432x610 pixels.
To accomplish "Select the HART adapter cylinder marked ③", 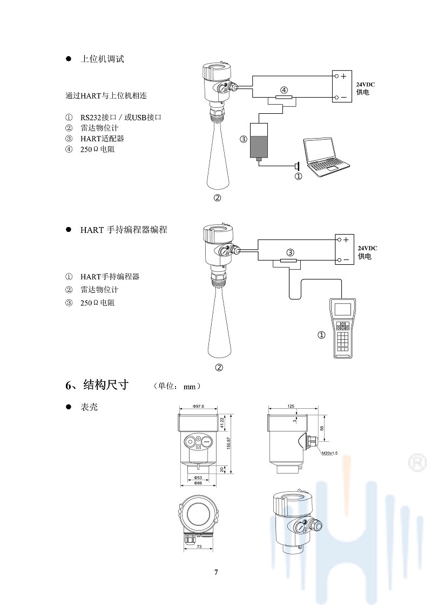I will pyautogui.click(x=259, y=140).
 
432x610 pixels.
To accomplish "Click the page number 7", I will pyautogui.click(x=216, y=572).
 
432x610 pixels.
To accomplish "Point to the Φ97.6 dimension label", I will pyautogui.click(x=198, y=406).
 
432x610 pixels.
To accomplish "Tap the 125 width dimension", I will pyautogui.click(x=292, y=406).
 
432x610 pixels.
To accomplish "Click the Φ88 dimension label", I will pyautogui.click(x=198, y=483).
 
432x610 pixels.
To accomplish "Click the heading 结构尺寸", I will pyautogui.click(x=106, y=385).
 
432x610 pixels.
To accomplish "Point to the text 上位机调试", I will pyautogui.click(x=102, y=59).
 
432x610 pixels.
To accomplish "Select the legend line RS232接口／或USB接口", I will pyautogui.click(x=122, y=117).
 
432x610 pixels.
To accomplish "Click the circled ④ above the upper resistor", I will pyautogui.click(x=283, y=90).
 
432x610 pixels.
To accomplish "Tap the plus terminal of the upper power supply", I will pyautogui.click(x=343, y=76).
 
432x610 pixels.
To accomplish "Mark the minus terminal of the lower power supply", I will pyautogui.click(x=346, y=260).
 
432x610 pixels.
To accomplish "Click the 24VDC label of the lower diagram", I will pyautogui.click(x=367, y=248).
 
